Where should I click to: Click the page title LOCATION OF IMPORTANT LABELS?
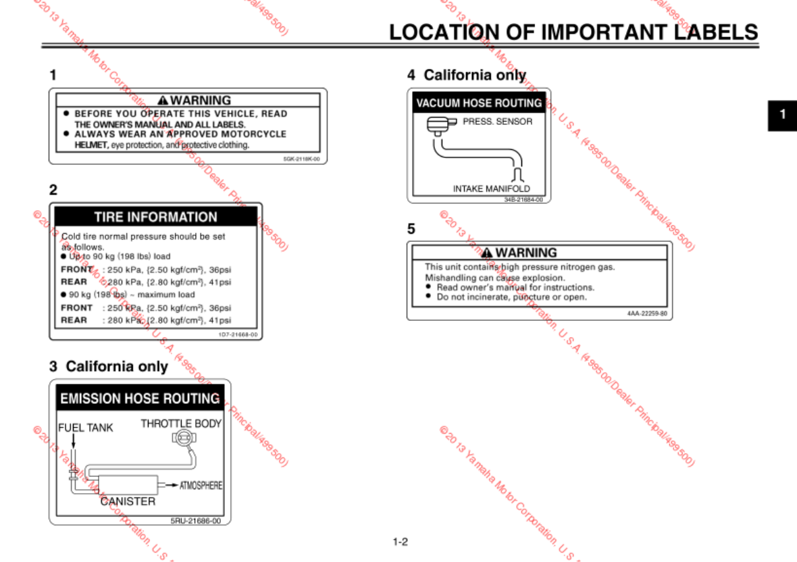[x=573, y=32]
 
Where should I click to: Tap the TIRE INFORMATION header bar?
[x=155, y=217]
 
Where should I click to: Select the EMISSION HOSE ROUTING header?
[x=140, y=399]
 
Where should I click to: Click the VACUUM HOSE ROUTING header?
[x=479, y=103]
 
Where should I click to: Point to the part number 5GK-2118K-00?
[x=301, y=159]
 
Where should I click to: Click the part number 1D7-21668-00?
[x=238, y=334]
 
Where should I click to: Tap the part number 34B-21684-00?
[x=523, y=199]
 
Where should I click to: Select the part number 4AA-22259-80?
[x=648, y=313]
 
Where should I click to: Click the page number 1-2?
[x=401, y=541]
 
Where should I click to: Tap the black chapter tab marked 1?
[x=782, y=113]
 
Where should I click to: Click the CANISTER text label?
[x=128, y=501]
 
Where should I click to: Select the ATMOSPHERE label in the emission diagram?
[x=201, y=486]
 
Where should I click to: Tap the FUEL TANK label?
[x=86, y=428]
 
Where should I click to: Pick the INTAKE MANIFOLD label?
[x=491, y=189]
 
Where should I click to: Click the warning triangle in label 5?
[x=488, y=253]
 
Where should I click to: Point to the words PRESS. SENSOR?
[x=498, y=122]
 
